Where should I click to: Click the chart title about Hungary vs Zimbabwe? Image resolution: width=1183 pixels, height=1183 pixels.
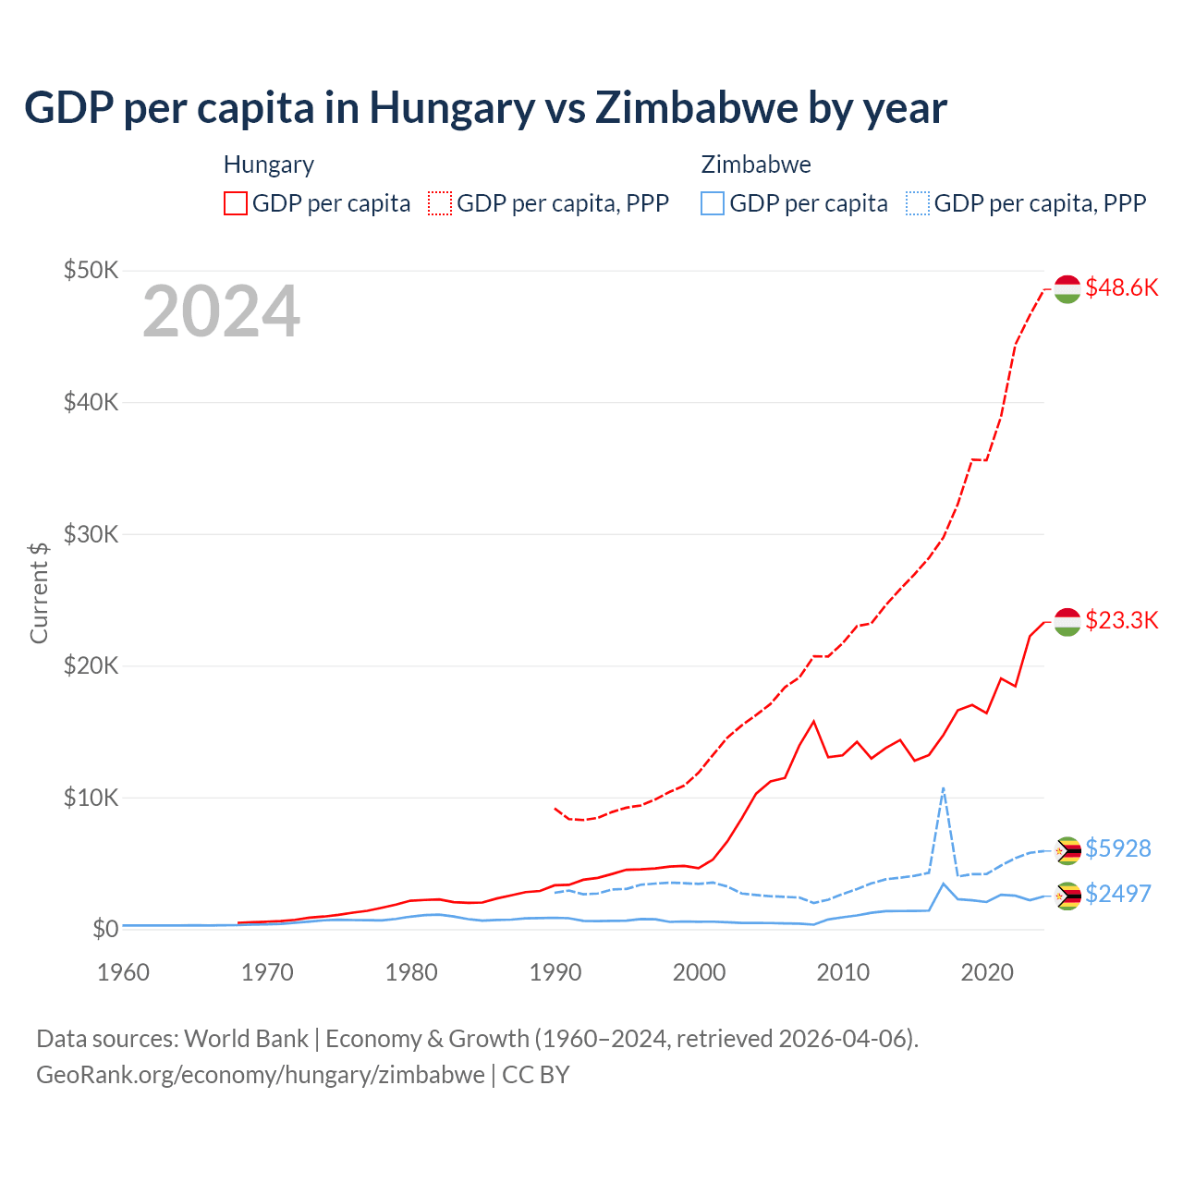coord(485,107)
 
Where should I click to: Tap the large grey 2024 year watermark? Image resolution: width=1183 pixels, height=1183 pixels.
coord(221,311)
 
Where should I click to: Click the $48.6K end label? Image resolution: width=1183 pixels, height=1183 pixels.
coord(1121,287)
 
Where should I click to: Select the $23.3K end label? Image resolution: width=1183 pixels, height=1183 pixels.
coord(1121,620)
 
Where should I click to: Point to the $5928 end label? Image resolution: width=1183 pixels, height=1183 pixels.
coord(1117,848)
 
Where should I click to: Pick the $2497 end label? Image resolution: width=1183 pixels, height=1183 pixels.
coord(1117,894)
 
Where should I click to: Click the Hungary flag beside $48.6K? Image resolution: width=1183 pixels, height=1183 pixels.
coord(1067,288)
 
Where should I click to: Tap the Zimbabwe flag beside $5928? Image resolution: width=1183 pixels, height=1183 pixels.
coord(1067,850)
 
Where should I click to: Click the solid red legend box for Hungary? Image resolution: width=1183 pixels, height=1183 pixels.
coord(236,203)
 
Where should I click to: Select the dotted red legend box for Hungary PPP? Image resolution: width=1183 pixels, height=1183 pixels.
coord(440,203)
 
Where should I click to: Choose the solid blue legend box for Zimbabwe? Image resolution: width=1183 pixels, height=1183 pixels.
coord(713,203)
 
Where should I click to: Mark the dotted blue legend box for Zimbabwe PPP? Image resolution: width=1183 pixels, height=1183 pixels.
coord(918,203)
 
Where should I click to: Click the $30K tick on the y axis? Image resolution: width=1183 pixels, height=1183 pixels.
coord(91,534)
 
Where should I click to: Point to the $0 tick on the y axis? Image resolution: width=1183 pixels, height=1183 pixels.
coord(105,929)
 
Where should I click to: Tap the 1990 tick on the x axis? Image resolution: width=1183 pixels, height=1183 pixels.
coord(555,972)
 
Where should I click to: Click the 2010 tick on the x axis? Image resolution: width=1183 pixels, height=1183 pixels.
coord(843,972)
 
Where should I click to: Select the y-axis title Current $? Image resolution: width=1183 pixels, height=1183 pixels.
coord(39,592)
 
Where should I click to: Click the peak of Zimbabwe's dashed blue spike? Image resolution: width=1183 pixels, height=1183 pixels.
coord(943,788)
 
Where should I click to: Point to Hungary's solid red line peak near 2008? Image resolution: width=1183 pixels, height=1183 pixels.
coord(813,721)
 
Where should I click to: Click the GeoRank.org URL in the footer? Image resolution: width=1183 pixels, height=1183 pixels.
coord(261,1075)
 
